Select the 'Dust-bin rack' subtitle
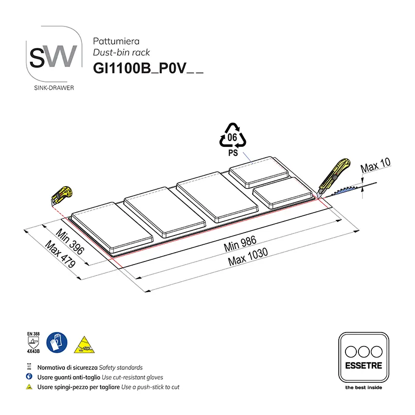121,52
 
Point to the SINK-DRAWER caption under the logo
53,88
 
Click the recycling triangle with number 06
233,137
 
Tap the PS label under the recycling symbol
233,154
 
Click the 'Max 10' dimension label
375,167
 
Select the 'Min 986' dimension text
240,244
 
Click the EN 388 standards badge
33,343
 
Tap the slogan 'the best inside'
363,387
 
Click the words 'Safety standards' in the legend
120,367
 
